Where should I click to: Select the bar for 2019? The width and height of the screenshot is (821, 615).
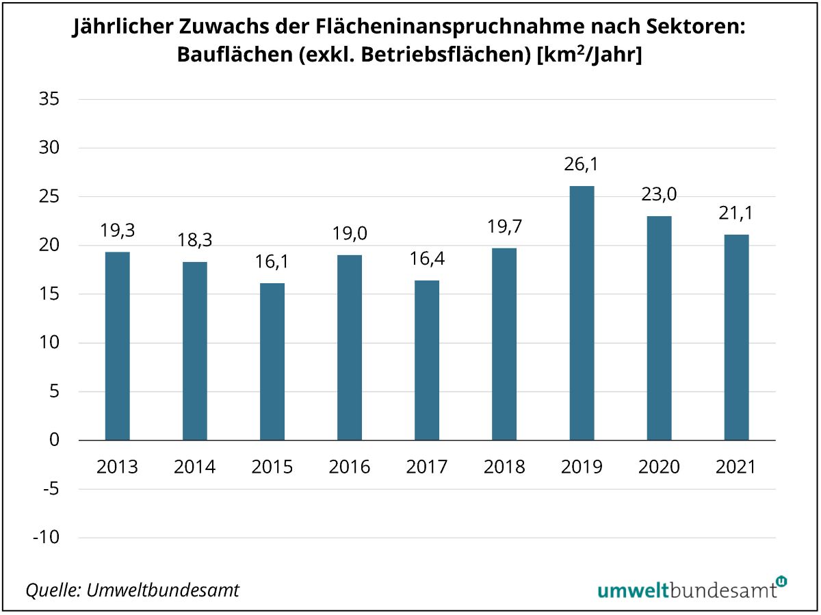pos(582,313)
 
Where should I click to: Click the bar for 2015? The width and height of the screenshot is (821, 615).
pos(272,361)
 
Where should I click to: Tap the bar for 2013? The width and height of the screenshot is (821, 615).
pos(118,345)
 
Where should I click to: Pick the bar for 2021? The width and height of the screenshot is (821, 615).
pos(736,337)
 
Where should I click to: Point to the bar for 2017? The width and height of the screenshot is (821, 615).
pos(427,360)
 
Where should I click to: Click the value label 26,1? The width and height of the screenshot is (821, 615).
pos(582,165)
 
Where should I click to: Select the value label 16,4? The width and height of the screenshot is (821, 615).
pos(427,259)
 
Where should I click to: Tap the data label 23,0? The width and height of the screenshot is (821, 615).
pos(659,195)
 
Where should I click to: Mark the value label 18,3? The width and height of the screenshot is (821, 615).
pos(195,241)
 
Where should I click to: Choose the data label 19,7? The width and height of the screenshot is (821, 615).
pos(504,227)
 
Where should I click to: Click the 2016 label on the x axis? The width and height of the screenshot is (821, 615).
pos(350,467)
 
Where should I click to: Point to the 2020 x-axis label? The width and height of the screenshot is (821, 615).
pos(659,467)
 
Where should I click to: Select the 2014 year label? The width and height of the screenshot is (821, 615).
pos(195,467)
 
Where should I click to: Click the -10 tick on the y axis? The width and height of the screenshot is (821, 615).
pos(46,538)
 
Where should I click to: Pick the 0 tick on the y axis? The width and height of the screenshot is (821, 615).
pos(55,441)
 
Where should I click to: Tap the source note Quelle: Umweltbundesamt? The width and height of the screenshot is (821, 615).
pos(133,590)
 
